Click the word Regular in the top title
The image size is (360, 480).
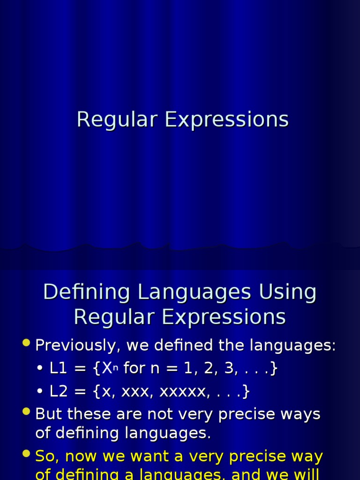(x=117, y=120)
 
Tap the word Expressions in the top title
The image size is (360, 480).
(x=226, y=120)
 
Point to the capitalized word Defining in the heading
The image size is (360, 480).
(x=86, y=292)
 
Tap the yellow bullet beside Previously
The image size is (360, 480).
(x=26, y=344)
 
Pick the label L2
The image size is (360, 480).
(x=59, y=391)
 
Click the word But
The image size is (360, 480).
(x=49, y=414)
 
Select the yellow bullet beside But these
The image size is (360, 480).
(x=26, y=412)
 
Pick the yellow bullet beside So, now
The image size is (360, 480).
(x=26, y=454)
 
